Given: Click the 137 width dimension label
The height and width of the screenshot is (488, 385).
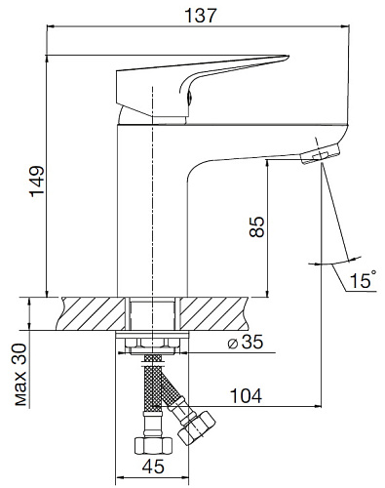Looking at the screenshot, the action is (200, 15).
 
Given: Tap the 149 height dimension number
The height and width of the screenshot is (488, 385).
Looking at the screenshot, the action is (37, 181).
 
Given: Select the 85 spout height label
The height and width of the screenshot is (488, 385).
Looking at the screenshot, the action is (256, 226).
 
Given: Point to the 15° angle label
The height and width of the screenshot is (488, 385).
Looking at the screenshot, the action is (363, 279).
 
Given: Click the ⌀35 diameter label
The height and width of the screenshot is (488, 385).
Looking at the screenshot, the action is (246, 343).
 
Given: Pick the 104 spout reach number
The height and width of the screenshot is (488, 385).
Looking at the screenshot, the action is (246, 395).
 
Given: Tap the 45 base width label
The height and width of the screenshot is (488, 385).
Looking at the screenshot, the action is (153, 467).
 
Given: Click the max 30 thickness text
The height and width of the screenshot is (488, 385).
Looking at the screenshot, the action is (21, 375).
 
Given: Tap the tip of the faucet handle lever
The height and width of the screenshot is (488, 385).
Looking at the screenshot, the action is (289, 56).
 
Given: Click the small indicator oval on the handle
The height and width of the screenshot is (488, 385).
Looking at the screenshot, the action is (189, 97).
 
